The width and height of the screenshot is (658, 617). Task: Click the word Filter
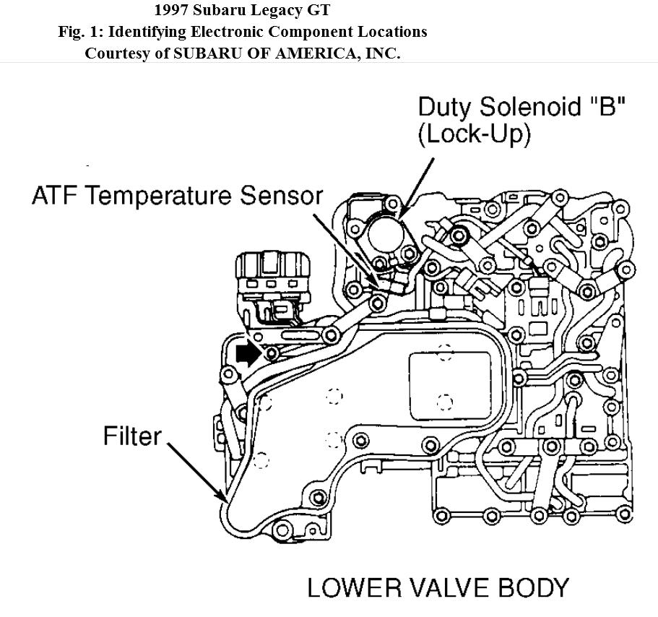(x=132, y=436)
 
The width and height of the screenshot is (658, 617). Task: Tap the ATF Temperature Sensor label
(x=177, y=197)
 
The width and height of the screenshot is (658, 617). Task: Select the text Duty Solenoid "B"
(x=521, y=107)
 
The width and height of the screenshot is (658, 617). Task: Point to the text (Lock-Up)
(x=474, y=135)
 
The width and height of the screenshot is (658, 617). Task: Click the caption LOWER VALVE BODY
(x=438, y=587)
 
